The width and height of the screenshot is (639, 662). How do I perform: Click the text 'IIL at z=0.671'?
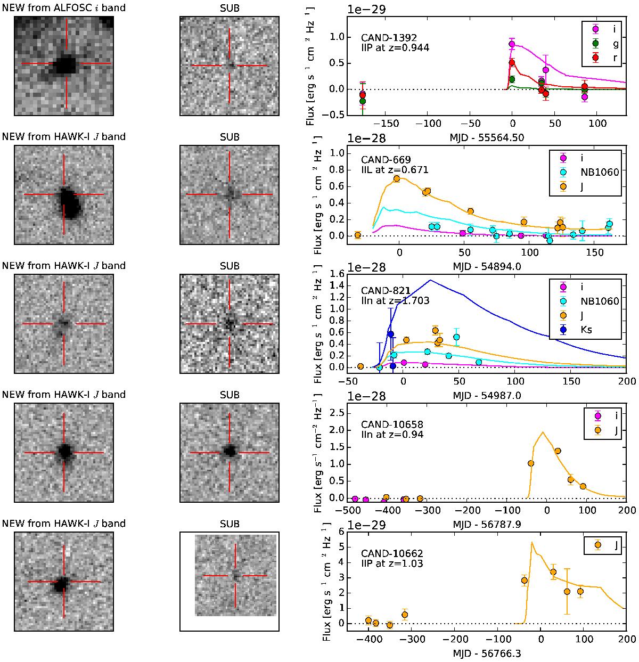(x=395, y=170)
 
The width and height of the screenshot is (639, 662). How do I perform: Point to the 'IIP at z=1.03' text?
(x=392, y=563)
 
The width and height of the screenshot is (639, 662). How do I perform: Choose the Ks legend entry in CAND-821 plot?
(x=586, y=330)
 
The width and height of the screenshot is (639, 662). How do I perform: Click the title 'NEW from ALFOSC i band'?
(x=64, y=7)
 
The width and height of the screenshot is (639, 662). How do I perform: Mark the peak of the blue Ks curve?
(x=430, y=280)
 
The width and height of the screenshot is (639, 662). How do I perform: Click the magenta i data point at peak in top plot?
(x=512, y=44)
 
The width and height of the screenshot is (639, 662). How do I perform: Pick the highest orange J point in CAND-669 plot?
(x=397, y=179)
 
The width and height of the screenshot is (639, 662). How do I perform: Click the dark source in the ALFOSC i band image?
(x=66, y=64)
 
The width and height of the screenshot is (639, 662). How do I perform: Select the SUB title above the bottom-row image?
(x=230, y=524)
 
